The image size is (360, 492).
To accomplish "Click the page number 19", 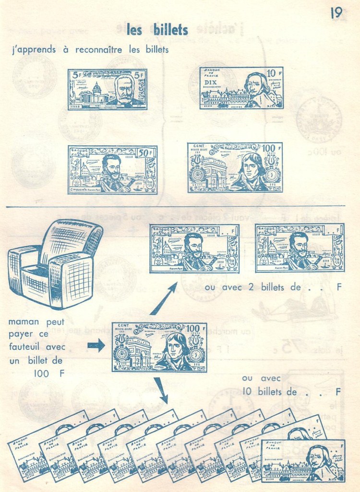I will pyautogui.click(x=336, y=13).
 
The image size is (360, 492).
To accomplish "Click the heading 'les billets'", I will pyautogui.click(x=157, y=30).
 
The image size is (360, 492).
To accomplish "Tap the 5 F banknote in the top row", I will pyautogui.click(x=107, y=89).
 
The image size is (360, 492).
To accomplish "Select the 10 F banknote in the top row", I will pyautogui.click(x=241, y=88).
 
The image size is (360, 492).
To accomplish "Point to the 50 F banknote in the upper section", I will pyautogui.click(x=112, y=170).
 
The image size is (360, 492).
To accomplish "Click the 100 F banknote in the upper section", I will pyautogui.click(x=235, y=167).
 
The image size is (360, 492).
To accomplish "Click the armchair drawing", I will pyautogui.click(x=55, y=263).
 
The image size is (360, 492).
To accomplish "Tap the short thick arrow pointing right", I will pyautogui.click(x=96, y=345).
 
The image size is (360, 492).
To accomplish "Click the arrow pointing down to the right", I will pyautogui.click(x=161, y=391).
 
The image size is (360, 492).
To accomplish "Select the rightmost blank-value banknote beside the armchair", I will pyautogui.click(x=300, y=248).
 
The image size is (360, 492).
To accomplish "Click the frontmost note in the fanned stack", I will pyautogui.click(x=303, y=460).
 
